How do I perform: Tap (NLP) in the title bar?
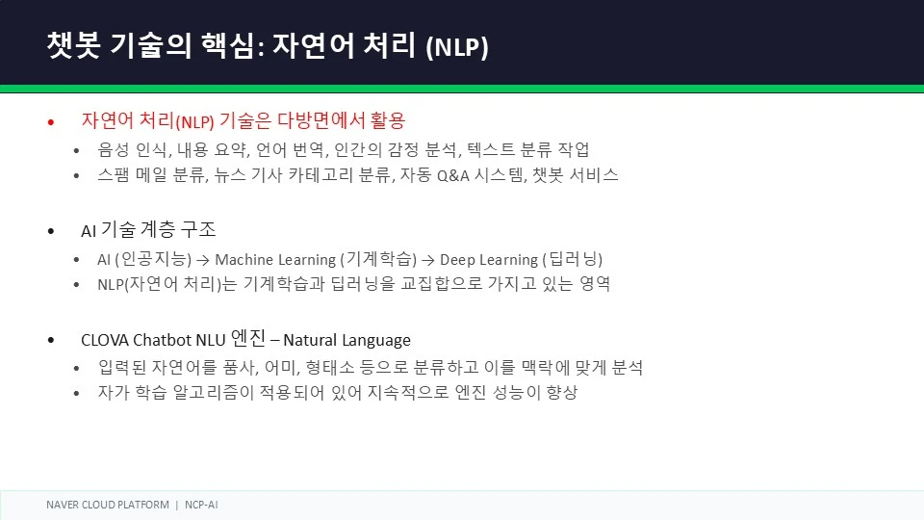[x=457, y=46]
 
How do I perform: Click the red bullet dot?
[x=51, y=122]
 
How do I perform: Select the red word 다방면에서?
[x=321, y=120]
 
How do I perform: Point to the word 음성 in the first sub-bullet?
[x=114, y=150]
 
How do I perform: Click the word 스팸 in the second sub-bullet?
[x=114, y=175]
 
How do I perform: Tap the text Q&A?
[x=452, y=175]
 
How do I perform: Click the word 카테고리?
[x=321, y=175]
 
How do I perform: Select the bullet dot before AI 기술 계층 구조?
[x=51, y=231]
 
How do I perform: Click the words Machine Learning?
[x=275, y=260]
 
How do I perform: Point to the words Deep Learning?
[x=489, y=260]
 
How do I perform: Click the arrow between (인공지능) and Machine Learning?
[x=203, y=260]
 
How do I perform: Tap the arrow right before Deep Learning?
[x=428, y=260]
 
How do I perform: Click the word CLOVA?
[x=104, y=340]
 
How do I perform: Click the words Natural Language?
[x=347, y=341]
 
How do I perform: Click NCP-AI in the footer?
[x=201, y=505]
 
